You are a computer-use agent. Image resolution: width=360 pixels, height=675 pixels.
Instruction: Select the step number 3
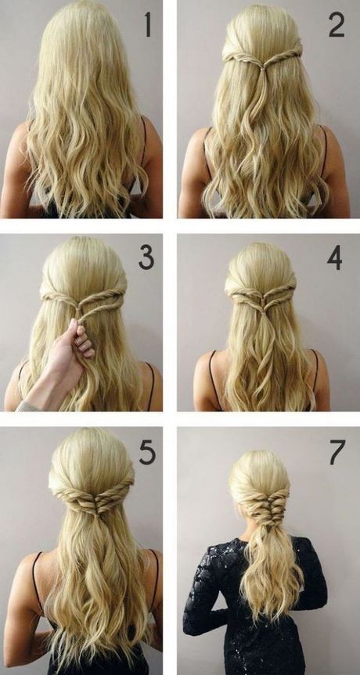point(147,257)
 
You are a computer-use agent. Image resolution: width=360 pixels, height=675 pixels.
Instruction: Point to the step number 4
point(335,257)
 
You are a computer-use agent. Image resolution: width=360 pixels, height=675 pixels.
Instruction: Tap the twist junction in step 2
point(261,62)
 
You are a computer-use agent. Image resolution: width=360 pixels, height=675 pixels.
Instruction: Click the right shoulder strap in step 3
point(149,383)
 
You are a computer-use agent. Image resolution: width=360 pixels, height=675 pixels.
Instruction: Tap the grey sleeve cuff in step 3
point(28,405)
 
